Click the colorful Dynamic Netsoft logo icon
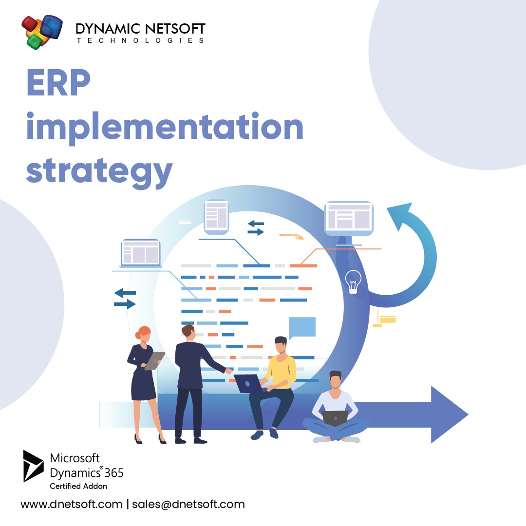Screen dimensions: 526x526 tap(42, 32)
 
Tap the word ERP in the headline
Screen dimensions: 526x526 tap(58, 83)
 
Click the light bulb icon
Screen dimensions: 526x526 tap(353, 282)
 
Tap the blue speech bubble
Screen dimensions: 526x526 tap(302, 327)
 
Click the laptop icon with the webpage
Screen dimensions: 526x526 tap(141, 253)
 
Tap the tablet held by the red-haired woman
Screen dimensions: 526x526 tap(155, 361)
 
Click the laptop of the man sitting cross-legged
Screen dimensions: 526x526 tap(335, 418)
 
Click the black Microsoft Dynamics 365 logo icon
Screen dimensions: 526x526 tap(34, 466)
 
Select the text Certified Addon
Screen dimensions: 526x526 tap(78, 486)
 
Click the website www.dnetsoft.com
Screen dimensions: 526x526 tap(72, 504)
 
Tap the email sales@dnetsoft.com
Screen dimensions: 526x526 tap(188, 504)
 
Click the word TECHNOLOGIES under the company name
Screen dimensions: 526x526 tap(141, 40)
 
